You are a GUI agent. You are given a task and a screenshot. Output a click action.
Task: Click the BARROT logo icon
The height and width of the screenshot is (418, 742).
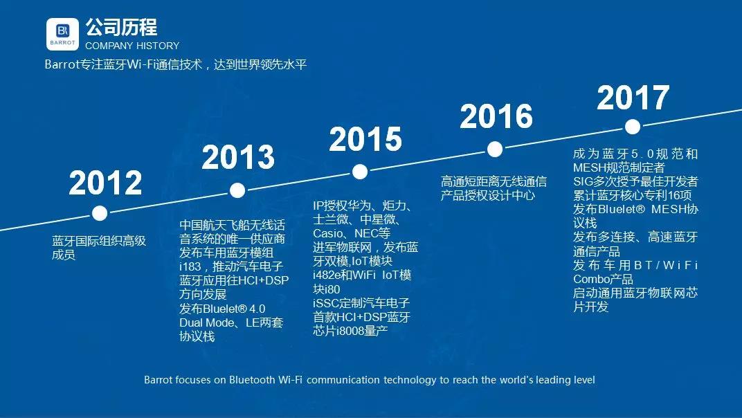[x=62, y=34]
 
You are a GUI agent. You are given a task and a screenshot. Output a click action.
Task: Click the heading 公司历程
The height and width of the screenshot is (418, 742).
[x=121, y=28]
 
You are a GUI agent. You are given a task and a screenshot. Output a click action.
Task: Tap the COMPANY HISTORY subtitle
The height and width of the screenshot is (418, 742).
[x=132, y=46]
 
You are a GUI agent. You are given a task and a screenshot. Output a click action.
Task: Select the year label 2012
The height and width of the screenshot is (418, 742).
[x=105, y=183]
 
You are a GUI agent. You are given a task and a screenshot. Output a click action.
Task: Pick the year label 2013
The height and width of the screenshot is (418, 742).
[x=238, y=157]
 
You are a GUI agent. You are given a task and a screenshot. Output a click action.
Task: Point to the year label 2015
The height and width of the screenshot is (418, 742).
[x=365, y=139]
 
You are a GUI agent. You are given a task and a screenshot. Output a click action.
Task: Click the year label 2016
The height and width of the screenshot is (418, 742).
[x=496, y=116]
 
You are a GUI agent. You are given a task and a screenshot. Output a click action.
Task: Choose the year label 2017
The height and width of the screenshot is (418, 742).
[x=633, y=98]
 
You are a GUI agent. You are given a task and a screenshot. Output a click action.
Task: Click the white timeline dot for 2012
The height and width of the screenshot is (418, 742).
[x=100, y=213]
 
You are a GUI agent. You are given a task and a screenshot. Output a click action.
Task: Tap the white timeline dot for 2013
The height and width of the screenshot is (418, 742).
[x=237, y=190]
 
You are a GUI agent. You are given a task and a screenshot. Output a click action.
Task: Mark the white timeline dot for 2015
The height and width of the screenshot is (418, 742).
[x=360, y=172]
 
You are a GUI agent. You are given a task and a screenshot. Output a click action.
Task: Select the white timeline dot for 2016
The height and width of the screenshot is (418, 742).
[x=494, y=149]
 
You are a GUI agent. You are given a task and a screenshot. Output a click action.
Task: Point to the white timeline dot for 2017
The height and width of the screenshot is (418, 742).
[x=633, y=127]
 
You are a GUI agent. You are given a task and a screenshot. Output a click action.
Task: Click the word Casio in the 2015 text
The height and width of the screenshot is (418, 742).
[x=328, y=233]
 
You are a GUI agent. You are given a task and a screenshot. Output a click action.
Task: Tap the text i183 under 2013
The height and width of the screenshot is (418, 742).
[x=190, y=266]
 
